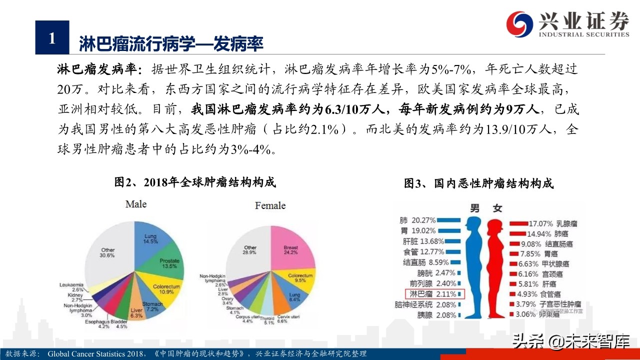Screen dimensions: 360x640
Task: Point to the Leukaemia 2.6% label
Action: (x=70, y=286)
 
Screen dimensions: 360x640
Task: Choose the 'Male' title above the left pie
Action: (x=136, y=204)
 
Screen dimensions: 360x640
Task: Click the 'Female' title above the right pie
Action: (x=270, y=205)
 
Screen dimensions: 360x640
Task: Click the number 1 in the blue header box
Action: (x=52, y=38)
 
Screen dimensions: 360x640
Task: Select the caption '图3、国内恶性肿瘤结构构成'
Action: (x=478, y=183)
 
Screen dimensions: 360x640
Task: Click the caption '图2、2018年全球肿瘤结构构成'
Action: (x=195, y=182)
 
